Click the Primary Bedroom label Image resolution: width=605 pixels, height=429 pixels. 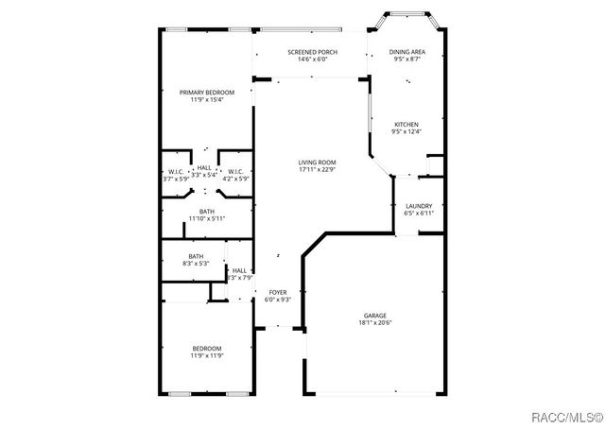tap(206, 92)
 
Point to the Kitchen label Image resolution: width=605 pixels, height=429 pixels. tap(406, 124)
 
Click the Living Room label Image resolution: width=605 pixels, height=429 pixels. tap(318, 163)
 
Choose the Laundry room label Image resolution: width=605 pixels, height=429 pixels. tap(419, 206)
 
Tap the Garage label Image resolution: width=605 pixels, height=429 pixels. tap(375, 315)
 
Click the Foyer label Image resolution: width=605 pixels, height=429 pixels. tap(278, 292)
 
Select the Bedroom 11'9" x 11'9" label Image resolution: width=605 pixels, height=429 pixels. tap(206, 349)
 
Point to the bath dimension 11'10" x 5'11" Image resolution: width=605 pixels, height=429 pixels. tap(206, 218)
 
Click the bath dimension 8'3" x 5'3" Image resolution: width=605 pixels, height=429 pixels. tap(196, 264)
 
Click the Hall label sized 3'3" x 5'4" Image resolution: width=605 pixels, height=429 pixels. tap(205, 167)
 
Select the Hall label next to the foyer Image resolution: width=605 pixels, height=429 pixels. tap(240, 270)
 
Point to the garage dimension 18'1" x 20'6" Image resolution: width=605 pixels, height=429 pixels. tap(375, 322)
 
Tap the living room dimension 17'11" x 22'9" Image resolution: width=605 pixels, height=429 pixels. tap(318, 170)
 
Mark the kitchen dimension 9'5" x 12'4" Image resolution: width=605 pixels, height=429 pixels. tap(406, 131)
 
